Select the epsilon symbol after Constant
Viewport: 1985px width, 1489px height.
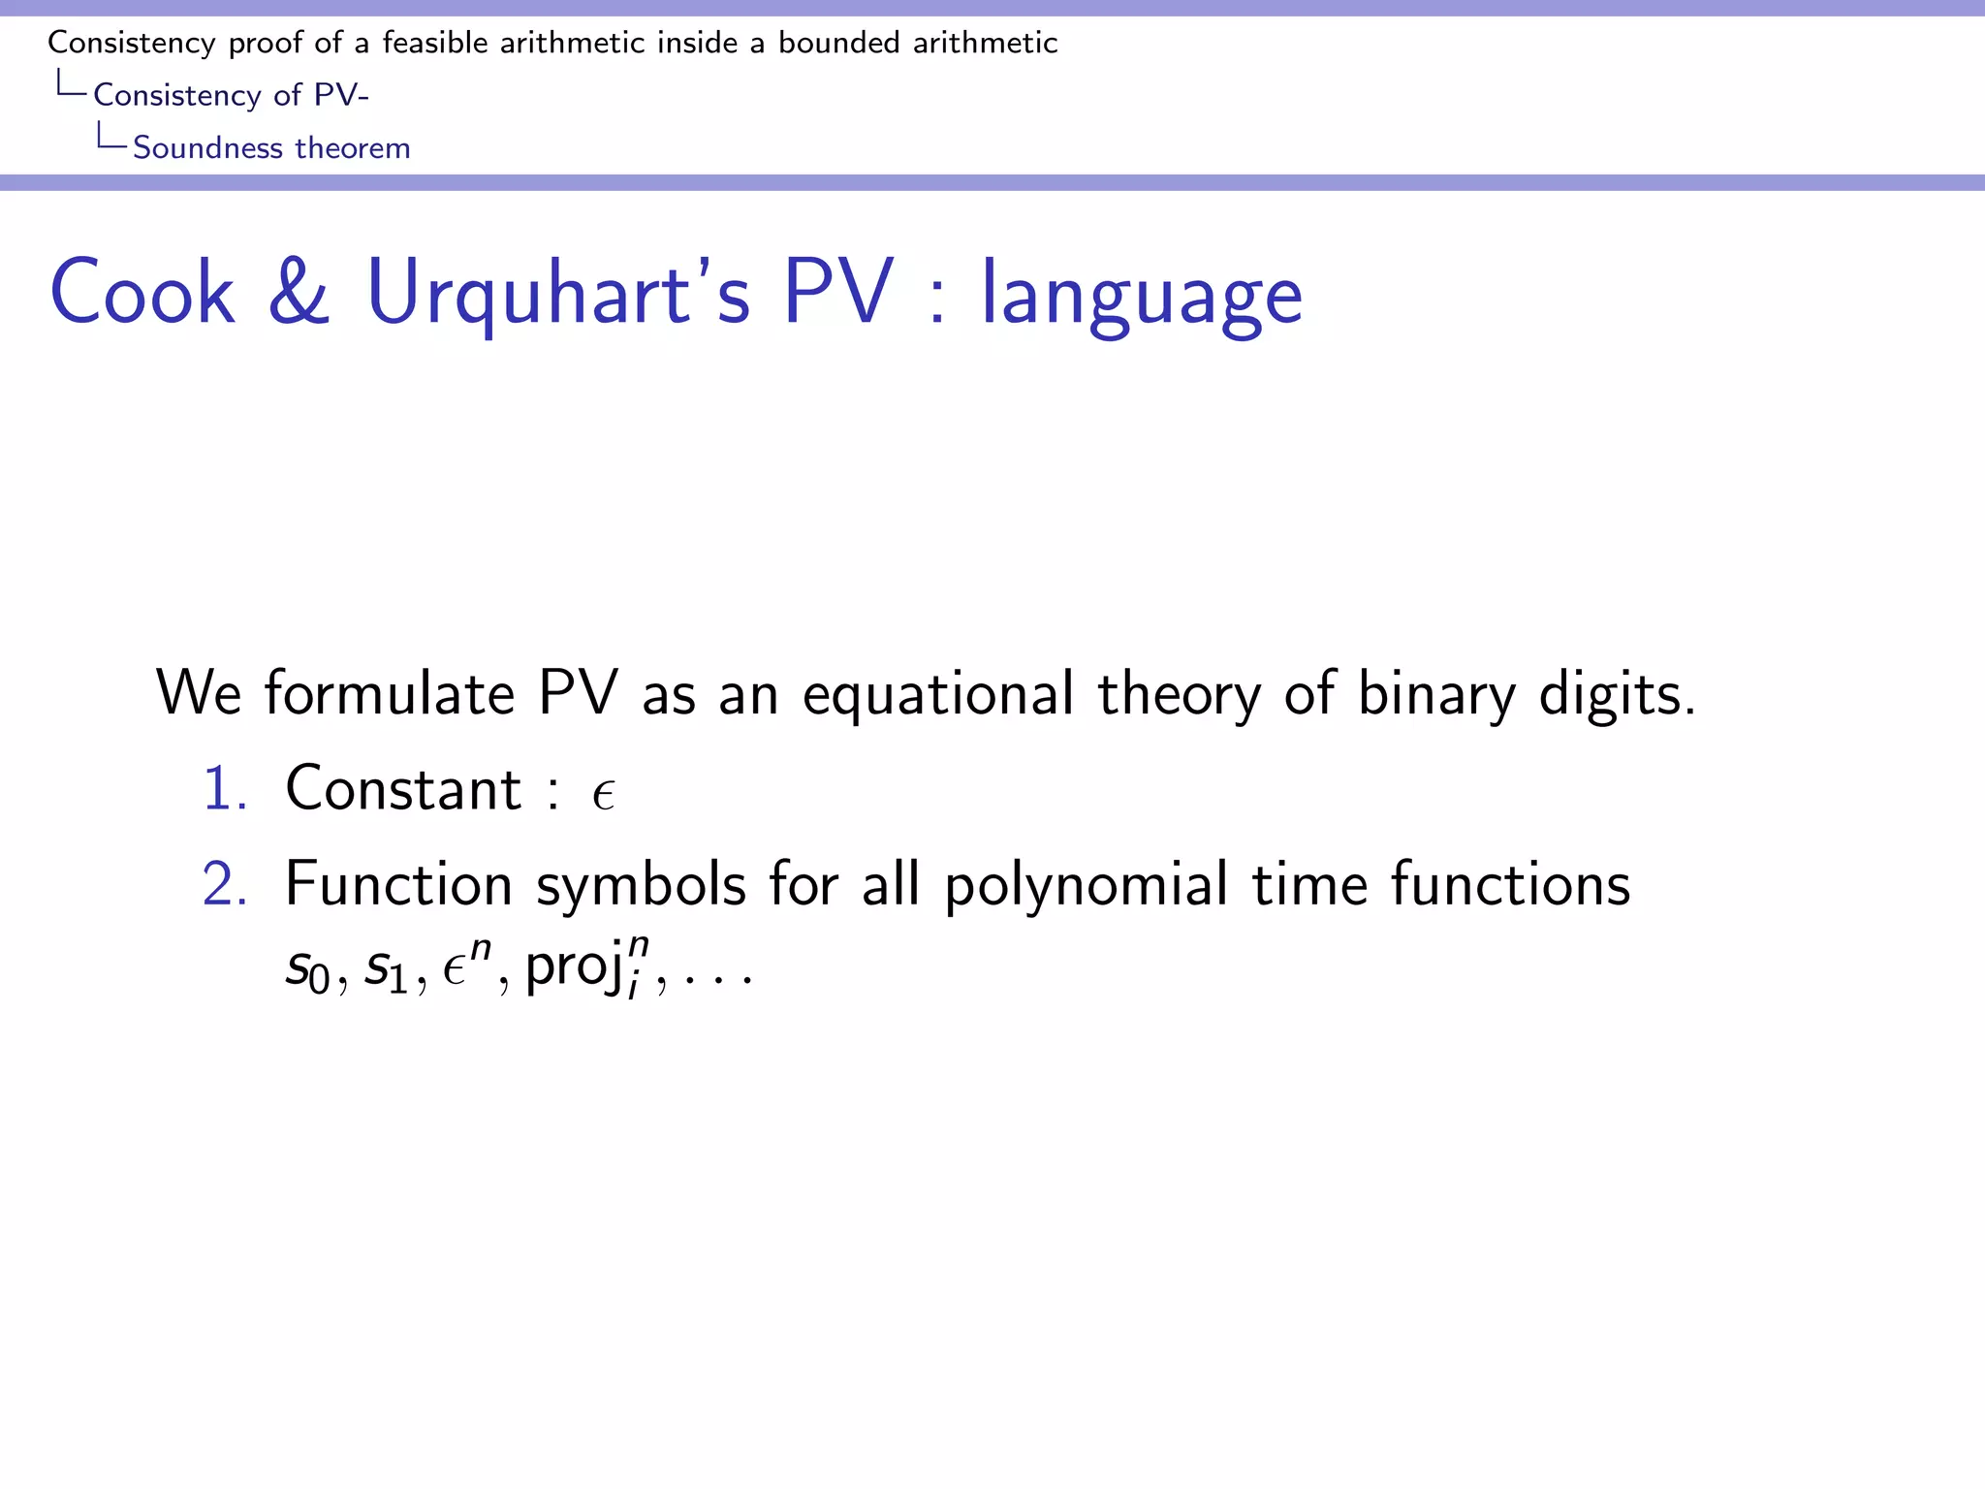(x=603, y=795)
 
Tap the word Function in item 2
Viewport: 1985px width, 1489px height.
(x=398, y=884)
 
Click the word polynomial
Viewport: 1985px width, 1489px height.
(x=1086, y=886)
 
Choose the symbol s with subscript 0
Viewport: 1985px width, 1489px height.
(x=308, y=968)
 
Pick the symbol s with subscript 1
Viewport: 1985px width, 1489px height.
(x=386, y=968)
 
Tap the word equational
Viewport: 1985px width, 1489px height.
(x=937, y=694)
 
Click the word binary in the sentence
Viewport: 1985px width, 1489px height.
(x=1435, y=694)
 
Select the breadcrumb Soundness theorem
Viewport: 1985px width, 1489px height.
(x=271, y=147)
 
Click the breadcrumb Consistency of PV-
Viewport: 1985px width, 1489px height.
(x=231, y=95)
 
